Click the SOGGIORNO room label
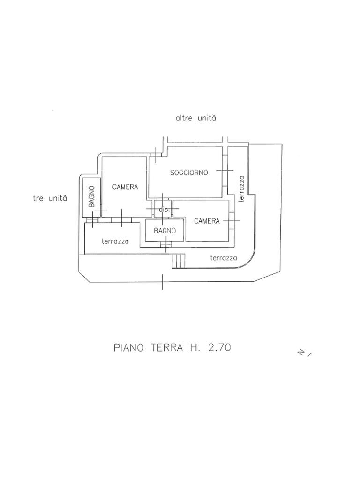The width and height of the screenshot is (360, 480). coord(189,172)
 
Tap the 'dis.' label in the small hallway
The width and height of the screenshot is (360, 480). coord(164,210)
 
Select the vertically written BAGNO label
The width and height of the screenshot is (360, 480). coord(92,197)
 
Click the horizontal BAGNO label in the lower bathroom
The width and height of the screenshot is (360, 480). coord(165,231)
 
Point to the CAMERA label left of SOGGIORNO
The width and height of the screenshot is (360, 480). coord(125,187)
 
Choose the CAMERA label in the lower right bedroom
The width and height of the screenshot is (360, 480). coord(207,221)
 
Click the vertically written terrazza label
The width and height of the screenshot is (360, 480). coord(241,189)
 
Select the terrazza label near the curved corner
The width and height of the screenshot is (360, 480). coord(223,257)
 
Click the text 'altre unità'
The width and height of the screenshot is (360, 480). coord(195,118)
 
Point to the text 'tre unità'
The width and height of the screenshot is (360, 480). coord(50,198)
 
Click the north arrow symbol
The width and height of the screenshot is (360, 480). coord(305,352)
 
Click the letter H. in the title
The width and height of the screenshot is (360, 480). coord(195,348)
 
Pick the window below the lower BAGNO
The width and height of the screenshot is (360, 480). coord(166,244)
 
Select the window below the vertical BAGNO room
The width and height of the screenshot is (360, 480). coord(92,219)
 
